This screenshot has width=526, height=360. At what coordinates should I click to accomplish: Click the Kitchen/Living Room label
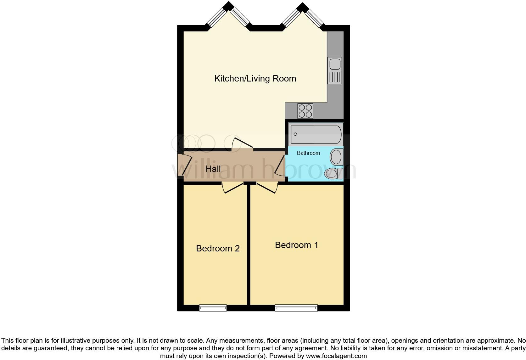pos(255,78)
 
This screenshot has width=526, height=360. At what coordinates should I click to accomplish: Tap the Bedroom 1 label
pos(296,245)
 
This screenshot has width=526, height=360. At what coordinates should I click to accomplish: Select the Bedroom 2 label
pos(218,248)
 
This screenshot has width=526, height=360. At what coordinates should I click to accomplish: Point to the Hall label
pos(213,169)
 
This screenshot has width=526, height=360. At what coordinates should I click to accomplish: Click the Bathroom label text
pos(308,153)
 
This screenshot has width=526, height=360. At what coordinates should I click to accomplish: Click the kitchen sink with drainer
pos(335,70)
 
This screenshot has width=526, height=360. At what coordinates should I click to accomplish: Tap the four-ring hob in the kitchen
pos(305,111)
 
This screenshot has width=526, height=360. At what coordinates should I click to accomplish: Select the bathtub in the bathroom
pos(316,134)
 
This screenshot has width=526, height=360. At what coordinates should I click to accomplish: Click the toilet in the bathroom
pos(333,173)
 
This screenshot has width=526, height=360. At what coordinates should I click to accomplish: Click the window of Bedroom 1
pos(296,308)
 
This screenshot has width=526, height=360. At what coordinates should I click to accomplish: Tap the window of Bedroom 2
pos(213,308)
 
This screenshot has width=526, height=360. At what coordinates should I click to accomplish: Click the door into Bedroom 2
pos(233,188)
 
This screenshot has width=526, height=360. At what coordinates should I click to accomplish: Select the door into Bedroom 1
pos(267,188)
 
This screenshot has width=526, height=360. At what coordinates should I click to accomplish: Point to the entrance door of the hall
pos(187,166)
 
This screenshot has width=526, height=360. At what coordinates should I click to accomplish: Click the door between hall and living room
pos(243,143)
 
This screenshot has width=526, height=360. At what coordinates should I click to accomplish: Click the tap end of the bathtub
pos(295,134)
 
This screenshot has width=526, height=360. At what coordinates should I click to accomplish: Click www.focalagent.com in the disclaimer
pos(336,356)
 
